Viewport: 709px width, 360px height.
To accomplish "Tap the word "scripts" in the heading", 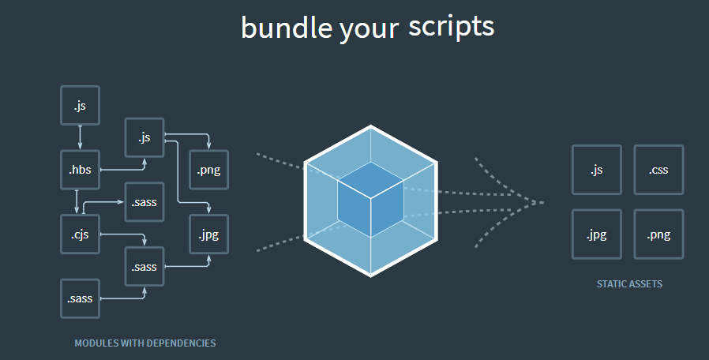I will pos(451,26).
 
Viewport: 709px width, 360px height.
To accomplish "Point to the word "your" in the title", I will pos(369,29).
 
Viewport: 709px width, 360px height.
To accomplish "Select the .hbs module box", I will pos(81,169).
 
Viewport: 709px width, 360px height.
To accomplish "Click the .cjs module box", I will pos(81,234).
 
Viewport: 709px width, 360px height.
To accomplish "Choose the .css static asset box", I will pos(658,170).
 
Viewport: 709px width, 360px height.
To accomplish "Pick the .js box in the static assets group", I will pos(596,170).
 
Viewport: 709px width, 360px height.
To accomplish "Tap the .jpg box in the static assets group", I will pos(596,234).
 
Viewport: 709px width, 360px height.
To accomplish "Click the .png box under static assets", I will pos(658,234).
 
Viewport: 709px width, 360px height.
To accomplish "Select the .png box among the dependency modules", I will pos(208,169).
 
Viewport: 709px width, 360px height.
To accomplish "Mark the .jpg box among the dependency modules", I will pos(208,234).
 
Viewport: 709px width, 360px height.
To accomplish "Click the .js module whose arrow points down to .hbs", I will pos(81,104).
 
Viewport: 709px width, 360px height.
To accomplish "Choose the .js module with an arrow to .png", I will pos(144,137).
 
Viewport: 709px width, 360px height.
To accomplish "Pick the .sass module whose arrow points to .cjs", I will pos(144,202).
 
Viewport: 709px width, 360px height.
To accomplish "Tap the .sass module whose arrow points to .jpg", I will pos(144,266).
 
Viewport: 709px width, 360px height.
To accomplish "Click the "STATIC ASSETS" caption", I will pos(629,284).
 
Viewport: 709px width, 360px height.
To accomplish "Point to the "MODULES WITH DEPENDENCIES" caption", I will pos(145,343).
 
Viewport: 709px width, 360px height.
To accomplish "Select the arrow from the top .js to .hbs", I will pos(81,137).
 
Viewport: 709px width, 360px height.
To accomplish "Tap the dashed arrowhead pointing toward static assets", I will pos(538,202).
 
